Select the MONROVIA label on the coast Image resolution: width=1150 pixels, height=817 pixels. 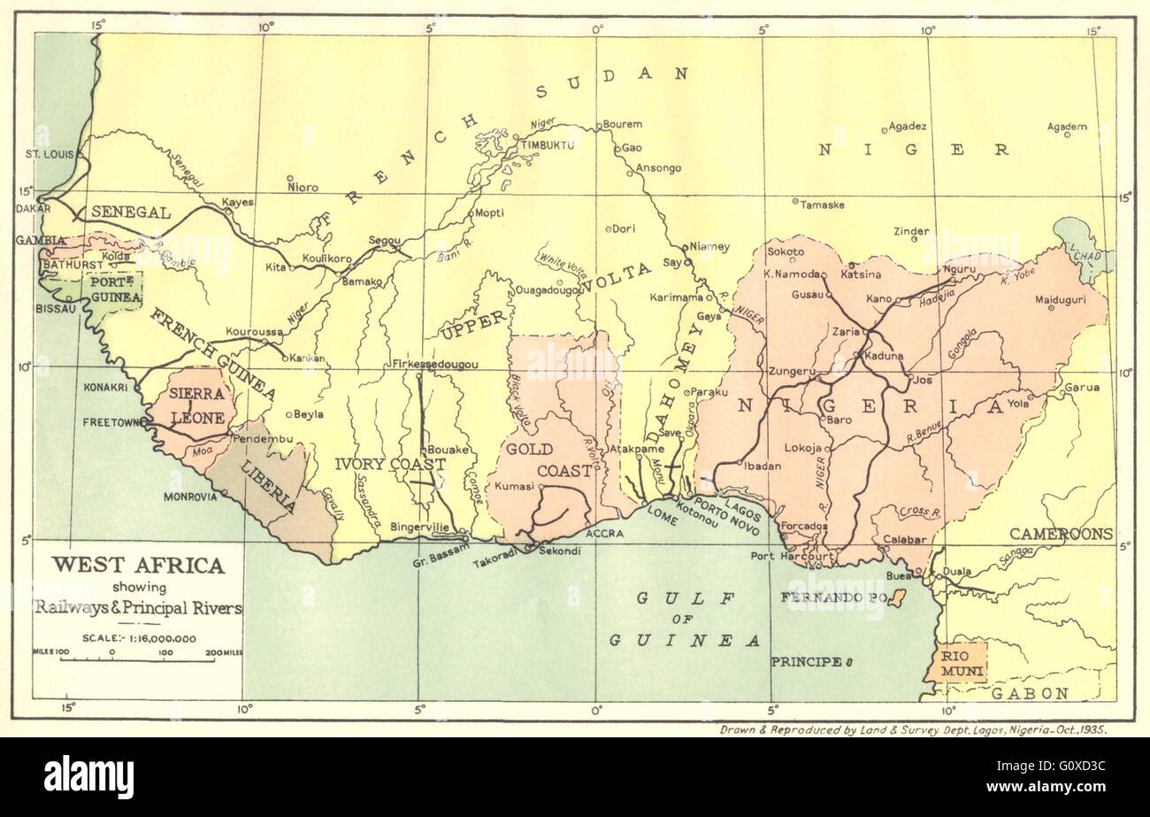189,497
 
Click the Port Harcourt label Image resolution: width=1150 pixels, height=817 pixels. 787,557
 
